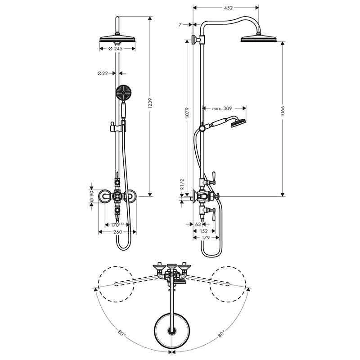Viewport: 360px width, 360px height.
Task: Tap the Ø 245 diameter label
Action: [117, 49]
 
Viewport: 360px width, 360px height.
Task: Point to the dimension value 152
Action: [203, 229]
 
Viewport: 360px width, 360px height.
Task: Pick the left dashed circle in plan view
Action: [115, 284]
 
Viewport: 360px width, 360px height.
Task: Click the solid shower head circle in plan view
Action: [172, 330]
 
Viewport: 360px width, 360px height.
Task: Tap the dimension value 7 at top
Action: [180, 25]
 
